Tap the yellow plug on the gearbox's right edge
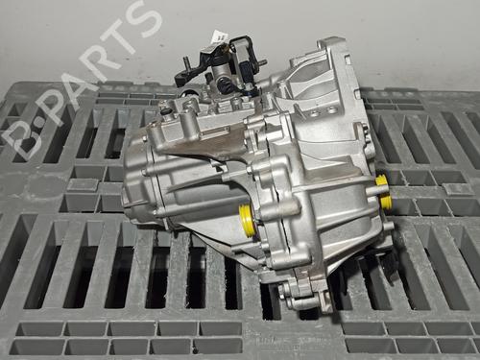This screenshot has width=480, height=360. click(x=383, y=191)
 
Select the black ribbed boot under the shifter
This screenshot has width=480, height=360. click(x=224, y=86)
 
